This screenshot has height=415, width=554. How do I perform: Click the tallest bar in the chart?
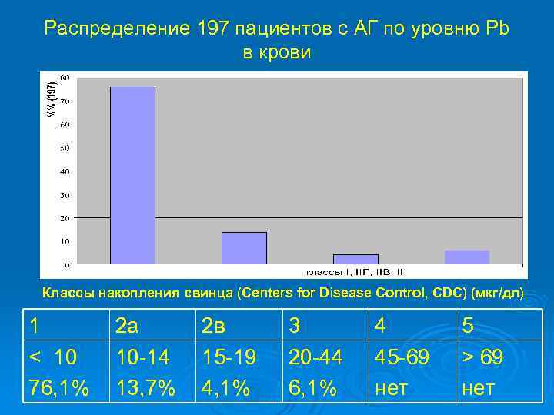pos(132,175)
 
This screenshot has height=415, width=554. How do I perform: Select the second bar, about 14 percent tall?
pos(244,248)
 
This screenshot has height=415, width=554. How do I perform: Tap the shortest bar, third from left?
pos(355,259)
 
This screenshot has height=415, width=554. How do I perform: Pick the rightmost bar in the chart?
pos(466,257)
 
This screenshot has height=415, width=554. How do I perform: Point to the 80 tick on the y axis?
pos(65,78)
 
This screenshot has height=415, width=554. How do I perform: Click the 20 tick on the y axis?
pos(65,218)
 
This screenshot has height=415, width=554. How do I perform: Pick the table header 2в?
pos(217,327)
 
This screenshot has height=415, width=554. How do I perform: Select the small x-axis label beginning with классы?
pos(356,272)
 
